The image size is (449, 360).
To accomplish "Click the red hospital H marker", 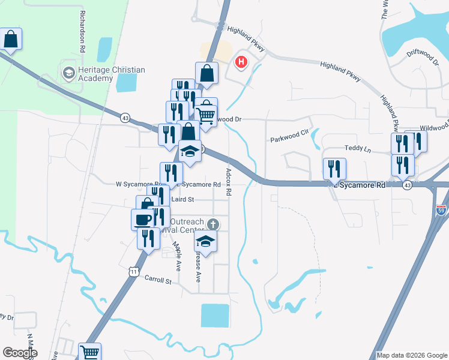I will [242, 61].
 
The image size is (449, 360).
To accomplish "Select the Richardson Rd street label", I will [81, 31].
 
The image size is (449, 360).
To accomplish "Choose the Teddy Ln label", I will [354, 148].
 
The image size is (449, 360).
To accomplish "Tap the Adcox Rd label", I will [229, 182].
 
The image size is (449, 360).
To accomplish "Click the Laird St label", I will [182, 199].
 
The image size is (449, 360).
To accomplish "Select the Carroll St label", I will [158, 280].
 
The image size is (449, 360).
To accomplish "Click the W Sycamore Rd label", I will [137, 184].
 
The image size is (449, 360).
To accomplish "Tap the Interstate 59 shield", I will [441, 211].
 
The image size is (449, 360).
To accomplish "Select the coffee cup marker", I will [142, 219].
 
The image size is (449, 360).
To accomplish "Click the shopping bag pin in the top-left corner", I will [11, 40].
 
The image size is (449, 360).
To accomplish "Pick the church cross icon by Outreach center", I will [211, 224].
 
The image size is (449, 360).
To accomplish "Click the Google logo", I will [20, 352].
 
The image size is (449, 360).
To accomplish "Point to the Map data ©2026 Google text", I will [411, 355].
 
